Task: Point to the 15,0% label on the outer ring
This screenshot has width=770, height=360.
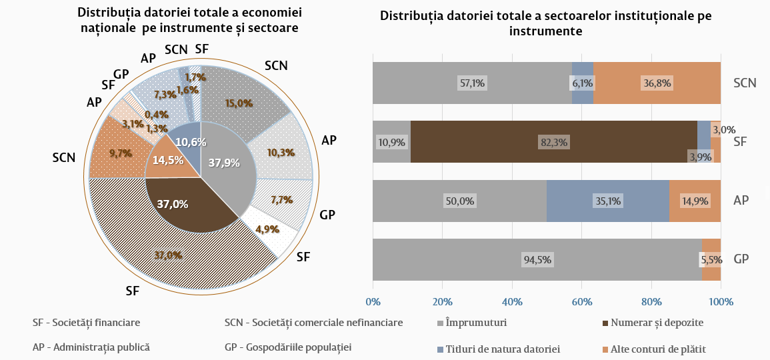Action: [x=239, y=103]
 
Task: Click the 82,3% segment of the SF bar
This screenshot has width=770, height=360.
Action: [x=554, y=142]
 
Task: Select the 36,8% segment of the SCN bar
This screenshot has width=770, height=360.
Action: [x=657, y=83]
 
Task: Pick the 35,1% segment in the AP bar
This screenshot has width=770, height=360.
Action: [x=607, y=201]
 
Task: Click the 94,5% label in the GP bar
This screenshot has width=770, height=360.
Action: [x=537, y=259]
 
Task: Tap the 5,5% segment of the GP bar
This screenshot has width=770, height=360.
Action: [x=711, y=259]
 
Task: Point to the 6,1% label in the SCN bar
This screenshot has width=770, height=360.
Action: [x=582, y=83]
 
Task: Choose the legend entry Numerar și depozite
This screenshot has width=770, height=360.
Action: [x=653, y=323]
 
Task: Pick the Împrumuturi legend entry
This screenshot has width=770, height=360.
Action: [x=476, y=323]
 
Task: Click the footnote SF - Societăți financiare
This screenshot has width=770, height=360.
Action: [x=86, y=323]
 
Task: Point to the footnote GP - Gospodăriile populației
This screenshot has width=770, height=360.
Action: [x=288, y=347]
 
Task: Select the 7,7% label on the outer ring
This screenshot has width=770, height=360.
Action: [x=281, y=199]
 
